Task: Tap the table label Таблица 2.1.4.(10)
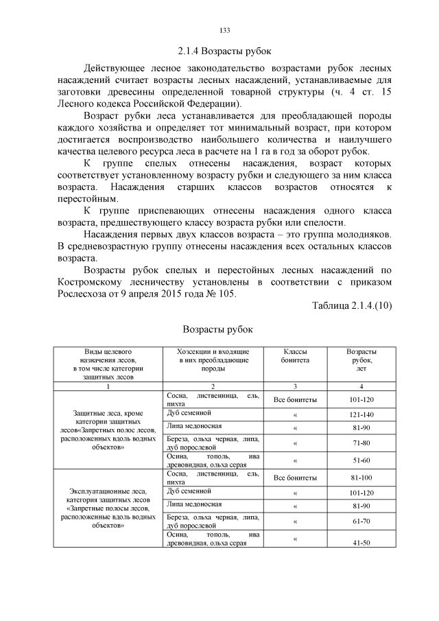pos(351,305)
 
